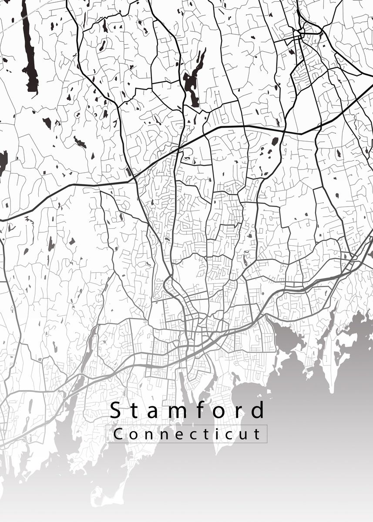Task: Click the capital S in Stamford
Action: point(115,410)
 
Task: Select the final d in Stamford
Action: point(258,410)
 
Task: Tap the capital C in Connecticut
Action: point(118,434)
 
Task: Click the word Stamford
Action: point(187,410)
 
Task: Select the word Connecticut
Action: point(187,434)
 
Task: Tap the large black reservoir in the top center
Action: point(192,85)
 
